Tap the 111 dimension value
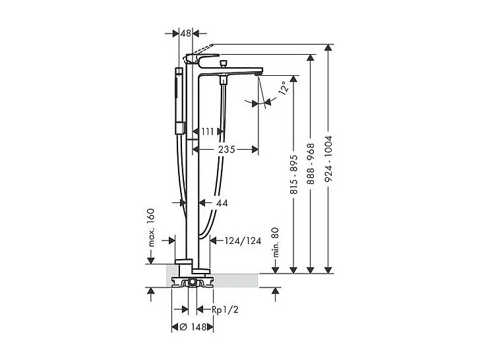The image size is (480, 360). tap(207, 132)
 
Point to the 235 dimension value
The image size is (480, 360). tap(226, 150)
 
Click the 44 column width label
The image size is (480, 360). tap(221, 203)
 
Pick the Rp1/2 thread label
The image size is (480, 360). tap(225, 310)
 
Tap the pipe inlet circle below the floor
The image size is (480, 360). tap(192, 282)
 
